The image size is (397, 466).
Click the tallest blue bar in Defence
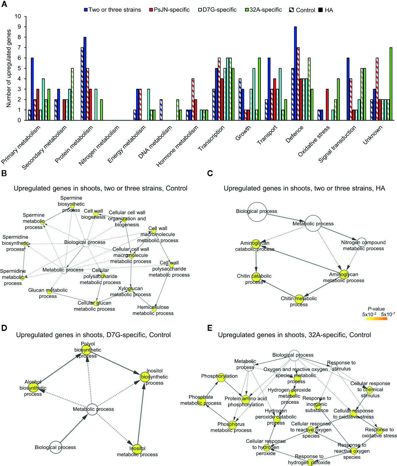(x=295, y=73)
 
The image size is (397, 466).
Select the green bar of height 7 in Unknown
(x=391, y=84)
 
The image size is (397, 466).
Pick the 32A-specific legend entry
(x=263, y=10)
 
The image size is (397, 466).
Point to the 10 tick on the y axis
(x=18, y=16)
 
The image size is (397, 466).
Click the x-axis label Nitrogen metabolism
(x=99, y=146)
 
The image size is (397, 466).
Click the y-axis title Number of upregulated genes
(x=9, y=68)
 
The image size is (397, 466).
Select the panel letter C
(x=210, y=173)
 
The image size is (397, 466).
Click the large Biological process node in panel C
(x=257, y=212)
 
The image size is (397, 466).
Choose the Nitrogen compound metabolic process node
(x=362, y=242)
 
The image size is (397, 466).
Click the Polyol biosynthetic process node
(x=86, y=349)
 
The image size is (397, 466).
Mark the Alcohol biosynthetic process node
(x=33, y=387)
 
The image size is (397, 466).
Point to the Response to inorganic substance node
(x=317, y=405)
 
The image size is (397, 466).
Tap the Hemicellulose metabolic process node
(x=154, y=309)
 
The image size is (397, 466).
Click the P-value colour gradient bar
(x=377, y=319)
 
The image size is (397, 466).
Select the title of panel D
(x=93, y=335)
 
